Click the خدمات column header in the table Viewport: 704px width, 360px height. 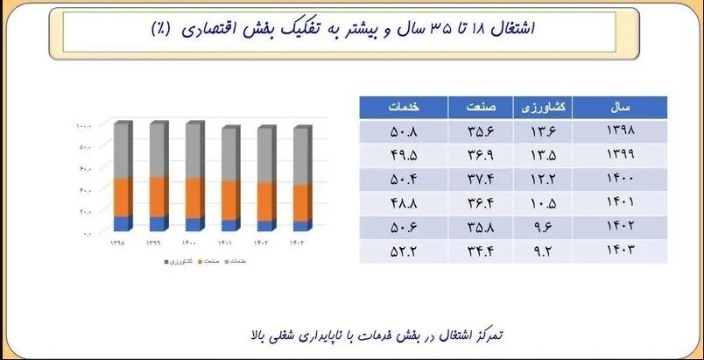404,107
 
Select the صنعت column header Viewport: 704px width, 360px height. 488,107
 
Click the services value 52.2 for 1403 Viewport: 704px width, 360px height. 404,252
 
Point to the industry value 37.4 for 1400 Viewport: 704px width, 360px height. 488,180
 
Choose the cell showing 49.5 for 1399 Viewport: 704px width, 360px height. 404,156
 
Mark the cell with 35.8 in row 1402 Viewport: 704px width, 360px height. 488,229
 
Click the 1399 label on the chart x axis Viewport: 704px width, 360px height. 154,242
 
